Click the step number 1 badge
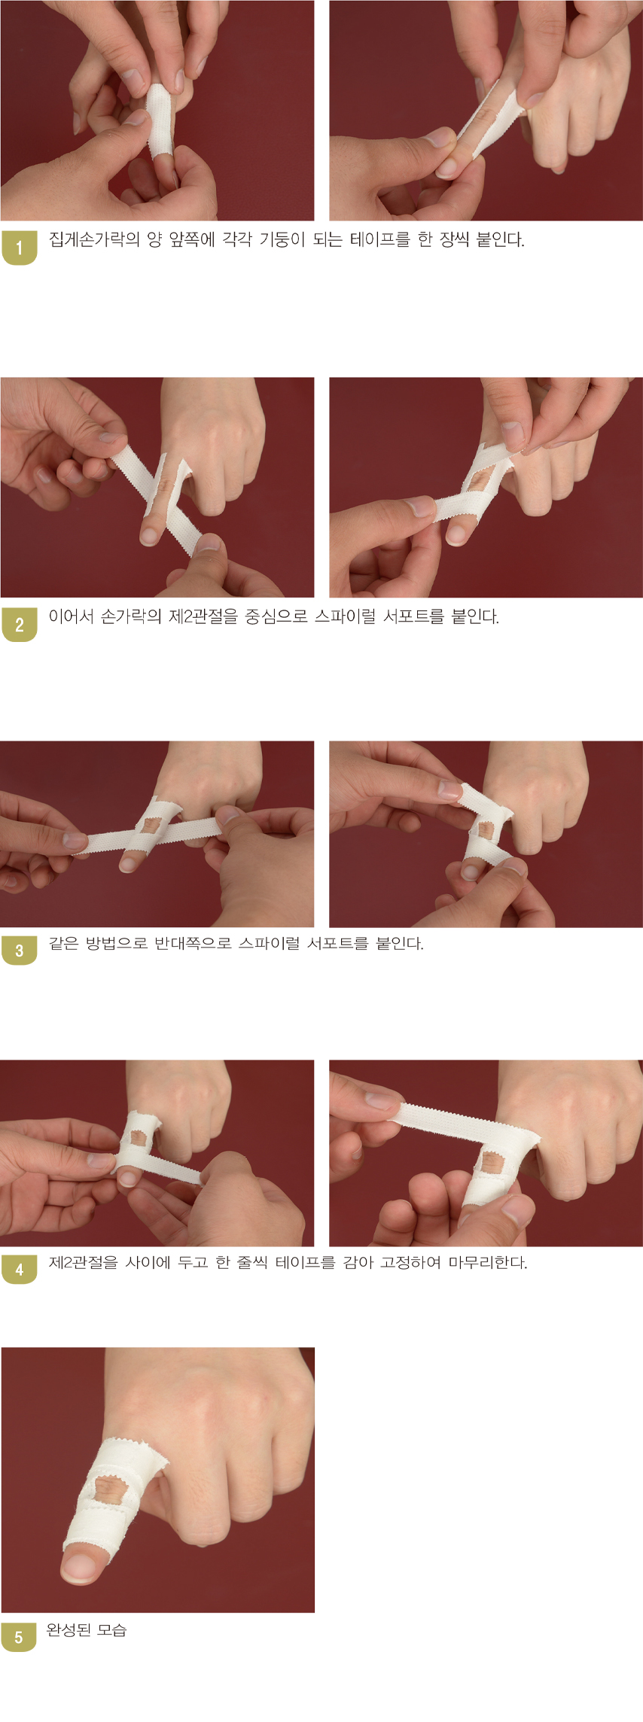tap(19, 247)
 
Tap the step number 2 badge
tap(19, 624)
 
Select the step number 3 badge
tap(19, 950)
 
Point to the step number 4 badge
tap(19, 1269)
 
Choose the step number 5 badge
tap(19, 1637)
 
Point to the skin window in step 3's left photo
tap(151, 826)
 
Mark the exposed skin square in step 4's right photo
tap(492, 1161)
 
